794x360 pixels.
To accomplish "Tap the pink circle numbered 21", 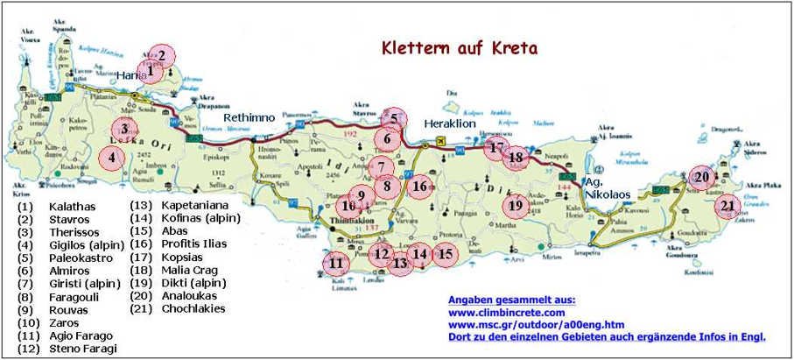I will [x=727, y=207].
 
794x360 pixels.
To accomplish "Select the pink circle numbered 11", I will [x=335, y=262].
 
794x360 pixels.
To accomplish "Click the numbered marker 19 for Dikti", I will [x=515, y=205].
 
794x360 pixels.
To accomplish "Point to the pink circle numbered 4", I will [x=112, y=159].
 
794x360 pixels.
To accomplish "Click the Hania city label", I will [x=131, y=76].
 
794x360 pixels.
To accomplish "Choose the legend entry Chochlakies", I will [x=193, y=309].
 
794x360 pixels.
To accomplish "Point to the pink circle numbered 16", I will [x=420, y=186].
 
